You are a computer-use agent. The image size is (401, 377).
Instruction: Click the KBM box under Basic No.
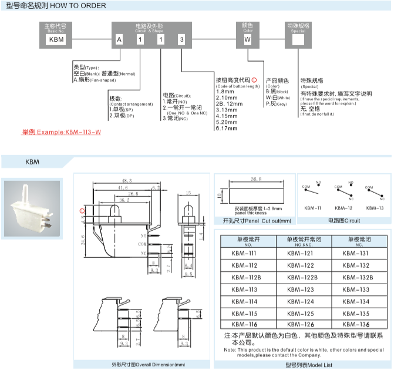pos(55,39)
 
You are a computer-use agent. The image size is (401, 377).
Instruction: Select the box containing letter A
pos(119,39)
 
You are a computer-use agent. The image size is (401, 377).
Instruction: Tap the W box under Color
pos(247,39)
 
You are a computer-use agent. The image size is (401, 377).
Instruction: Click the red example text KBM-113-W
pos(62,132)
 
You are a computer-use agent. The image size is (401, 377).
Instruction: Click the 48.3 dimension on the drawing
pos(126,180)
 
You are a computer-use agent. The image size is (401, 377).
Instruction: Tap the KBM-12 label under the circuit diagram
pos(343,208)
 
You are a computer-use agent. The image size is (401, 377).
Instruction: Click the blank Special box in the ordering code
pos(298,39)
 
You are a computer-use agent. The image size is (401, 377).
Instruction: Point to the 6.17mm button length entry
pos(227,128)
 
